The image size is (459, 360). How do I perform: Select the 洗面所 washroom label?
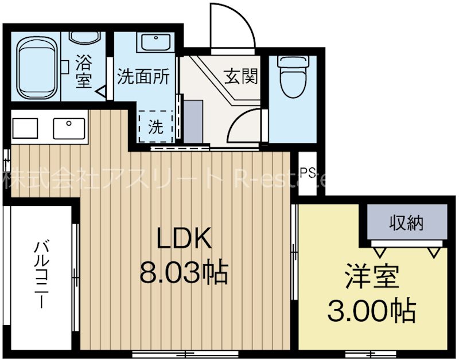(143, 77)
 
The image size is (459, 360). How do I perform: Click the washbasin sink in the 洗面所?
(152, 42)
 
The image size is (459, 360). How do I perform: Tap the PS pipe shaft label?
(308, 173)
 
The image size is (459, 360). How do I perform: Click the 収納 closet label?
(407, 222)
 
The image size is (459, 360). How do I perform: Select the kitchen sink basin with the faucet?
(69, 127)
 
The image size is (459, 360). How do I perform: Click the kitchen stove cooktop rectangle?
(26, 127)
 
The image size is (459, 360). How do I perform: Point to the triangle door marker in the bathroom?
(102, 91)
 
